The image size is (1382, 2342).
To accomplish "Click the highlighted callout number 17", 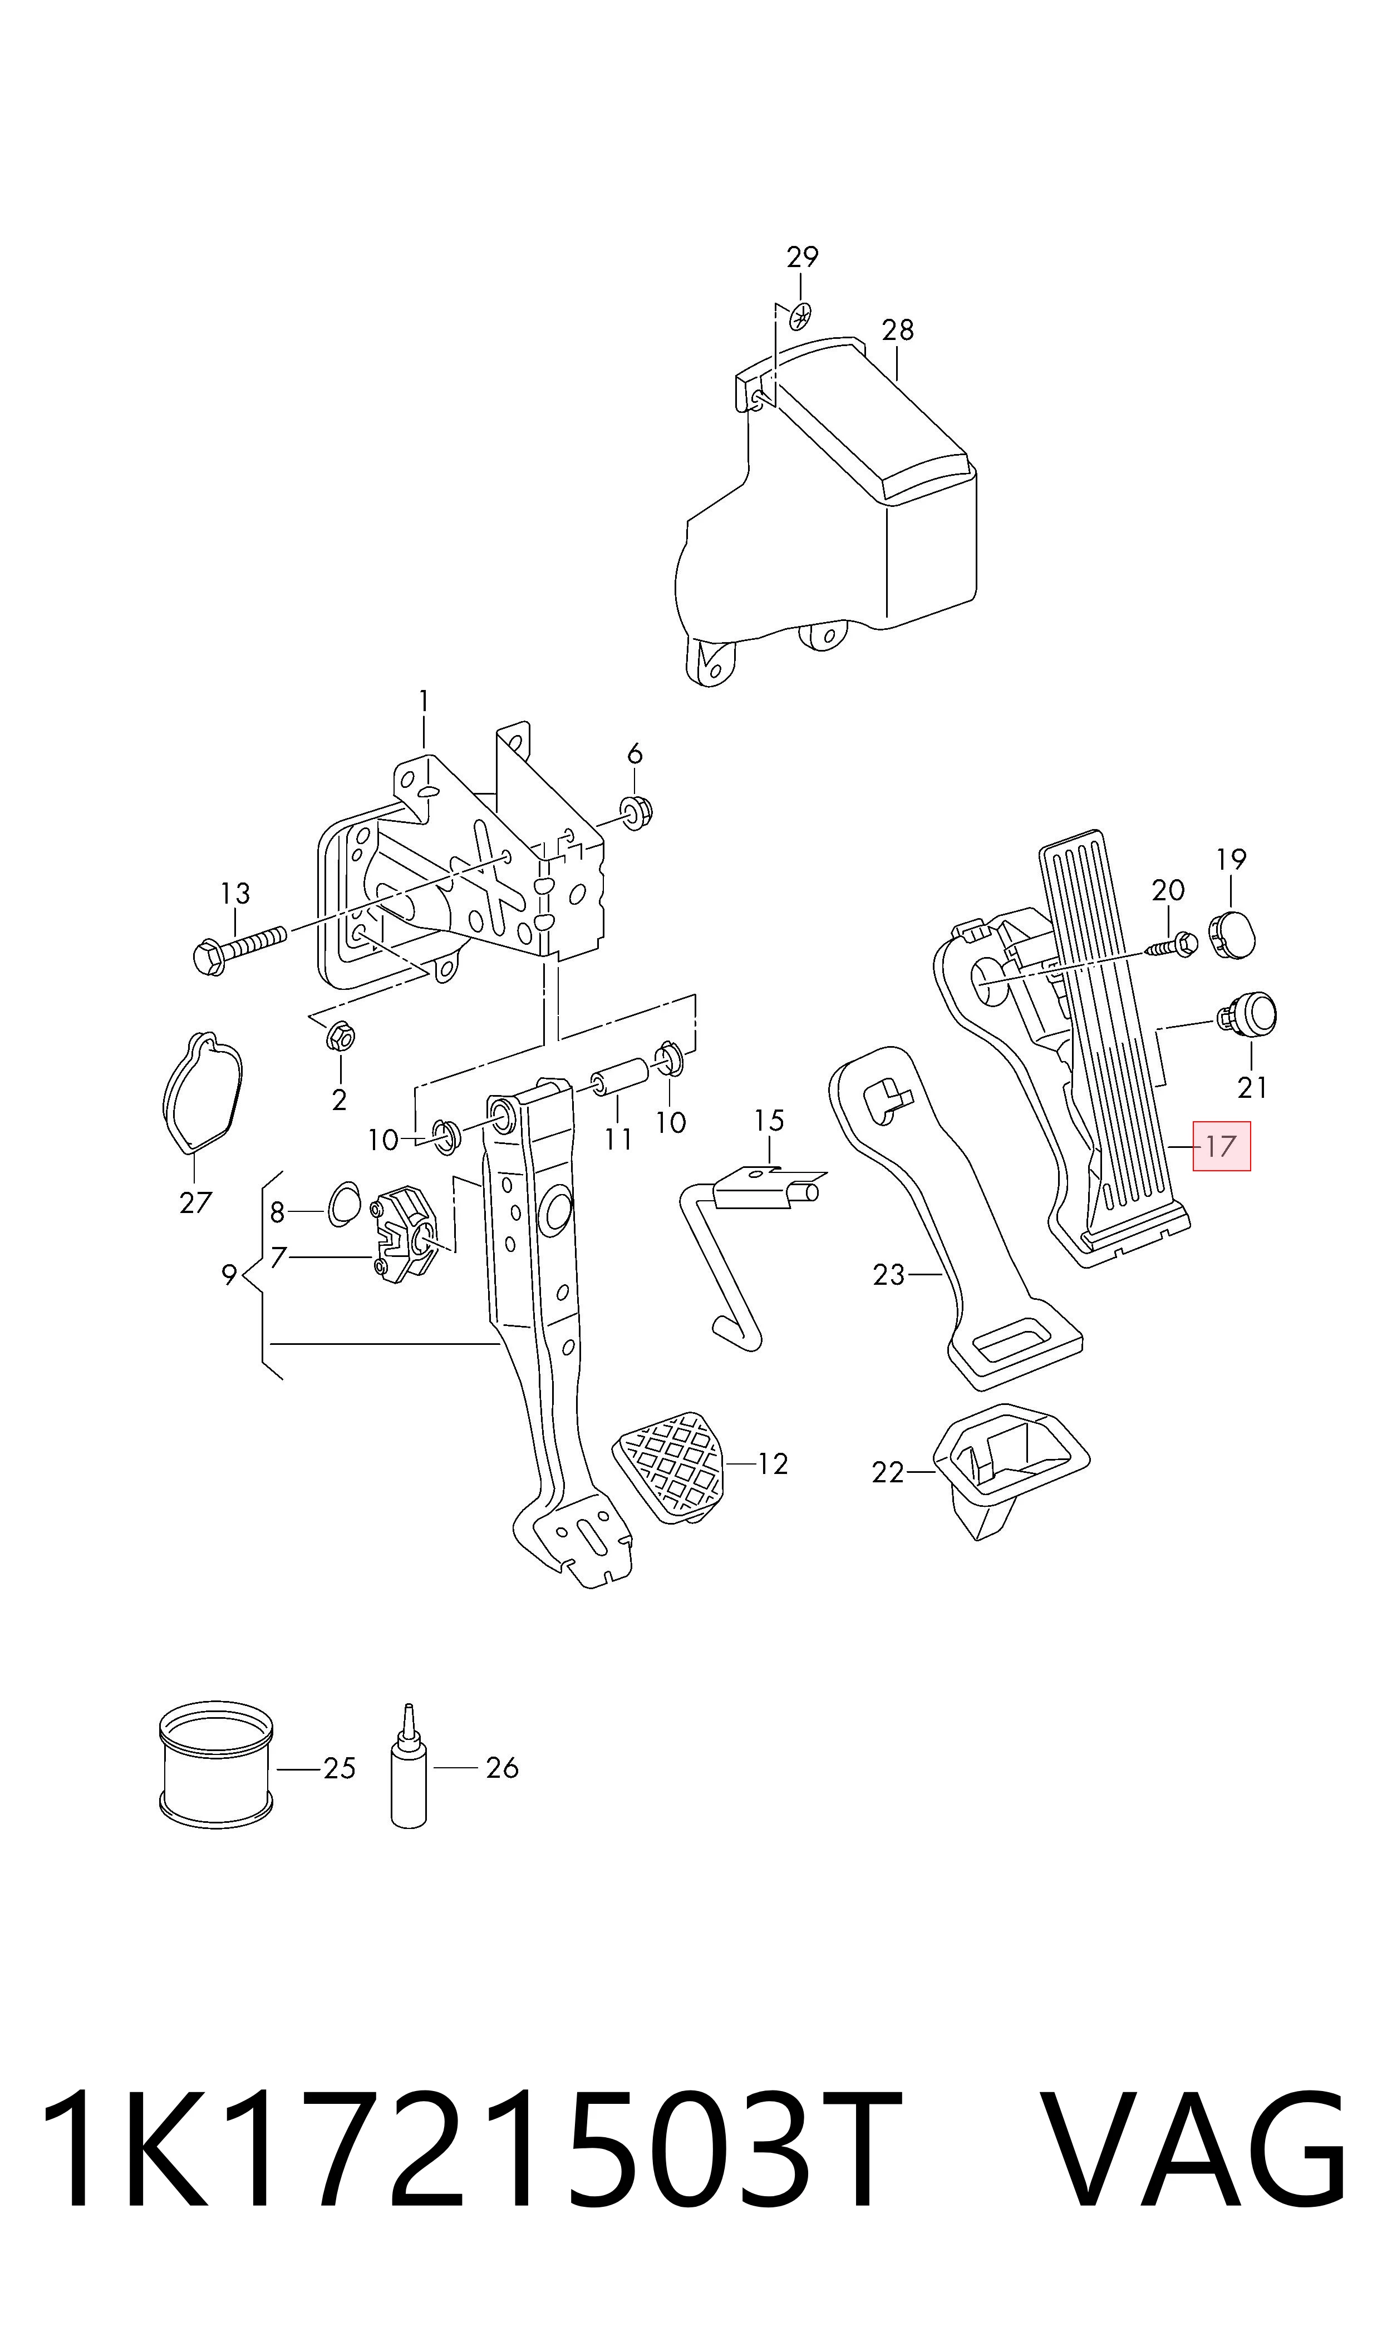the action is point(1221,1146).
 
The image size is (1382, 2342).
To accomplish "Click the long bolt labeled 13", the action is point(241,949).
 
